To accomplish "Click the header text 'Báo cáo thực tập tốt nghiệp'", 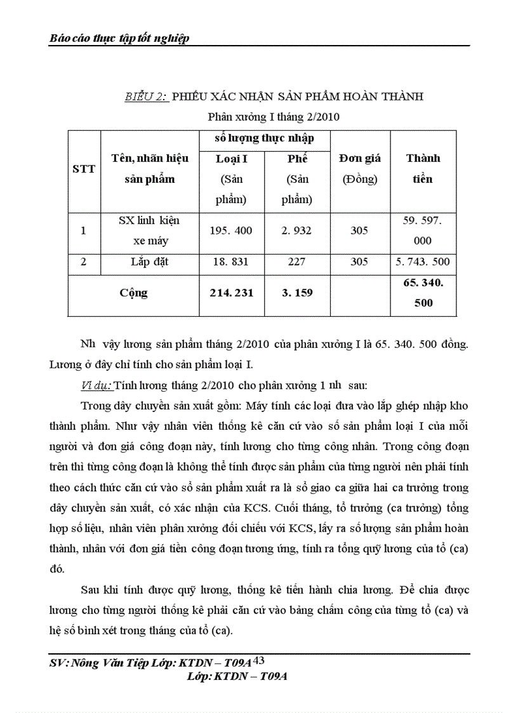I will [119, 39].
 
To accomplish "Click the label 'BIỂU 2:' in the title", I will [145, 97].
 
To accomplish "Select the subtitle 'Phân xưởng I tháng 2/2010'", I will [274, 117].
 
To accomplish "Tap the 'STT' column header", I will [84, 169].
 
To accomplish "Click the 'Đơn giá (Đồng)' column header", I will [359, 168].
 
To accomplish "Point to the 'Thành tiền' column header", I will [423, 168].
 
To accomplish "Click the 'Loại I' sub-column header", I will [232, 159].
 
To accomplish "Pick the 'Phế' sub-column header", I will [297, 159].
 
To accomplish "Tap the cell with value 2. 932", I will [296, 230].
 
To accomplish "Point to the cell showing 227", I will [296, 261].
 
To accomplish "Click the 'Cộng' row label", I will [133, 293].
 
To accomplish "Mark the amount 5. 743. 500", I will [423, 261].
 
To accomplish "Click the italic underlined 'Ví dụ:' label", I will [96, 385].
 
